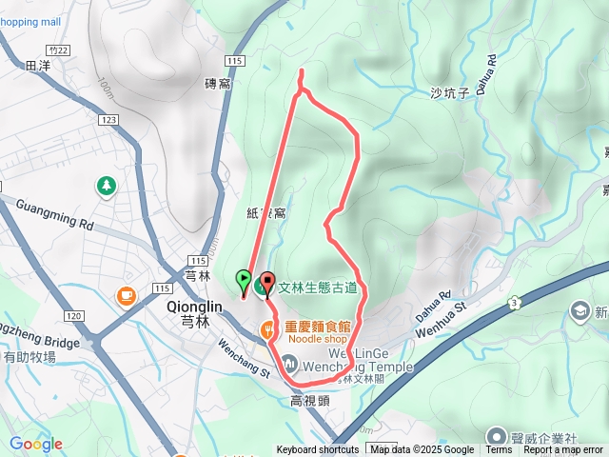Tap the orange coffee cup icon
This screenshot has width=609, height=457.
coord(126,295)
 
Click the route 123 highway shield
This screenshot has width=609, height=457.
coord(107,119)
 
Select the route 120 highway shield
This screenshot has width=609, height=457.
coord(74,315)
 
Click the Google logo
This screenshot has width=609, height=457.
coord(35,444)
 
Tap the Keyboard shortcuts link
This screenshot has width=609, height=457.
coord(318,450)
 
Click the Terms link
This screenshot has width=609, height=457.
coord(498,450)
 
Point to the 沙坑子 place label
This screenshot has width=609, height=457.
coord(451,92)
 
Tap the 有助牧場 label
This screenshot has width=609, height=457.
coord(29,357)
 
